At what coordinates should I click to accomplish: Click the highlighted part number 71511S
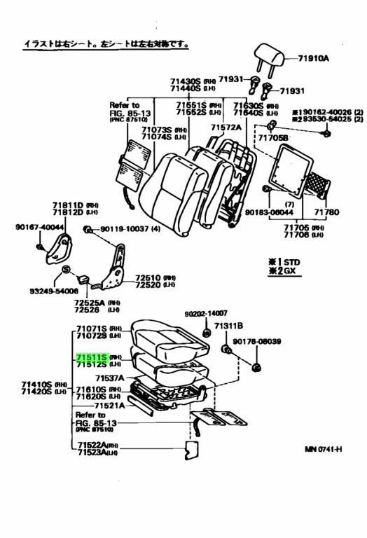(x=91, y=357)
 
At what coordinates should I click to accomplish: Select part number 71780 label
(x=326, y=212)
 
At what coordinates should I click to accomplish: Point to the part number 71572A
(x=226, y=127)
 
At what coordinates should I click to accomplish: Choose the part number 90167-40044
(x=39, y=227)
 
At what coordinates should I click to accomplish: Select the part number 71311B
(x=228, y=326)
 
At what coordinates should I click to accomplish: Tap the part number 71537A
(x=109, y=378)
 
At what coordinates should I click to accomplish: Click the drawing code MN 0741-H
(x=323, y=448)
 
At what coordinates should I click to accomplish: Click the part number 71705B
(x=272, y=139)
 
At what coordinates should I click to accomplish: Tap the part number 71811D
(x=67, y=205)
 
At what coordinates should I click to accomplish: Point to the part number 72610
(x=147, y=277)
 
